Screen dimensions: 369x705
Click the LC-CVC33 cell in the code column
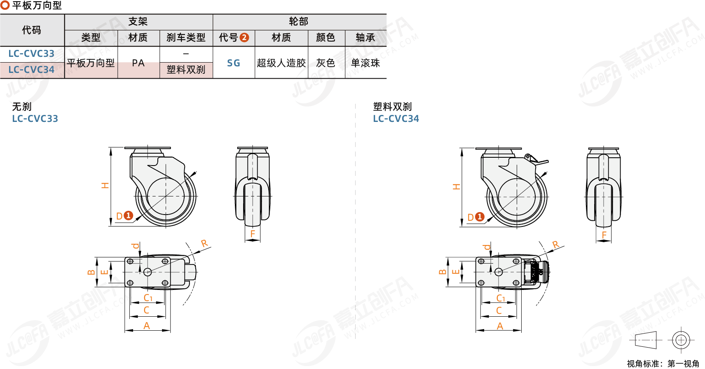pyautogui.click(x=31, y=54)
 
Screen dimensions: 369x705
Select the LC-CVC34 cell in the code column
pyautogui.click(x=31, y=70)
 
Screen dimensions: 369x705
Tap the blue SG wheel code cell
pyautogui.click(x=234, y=63)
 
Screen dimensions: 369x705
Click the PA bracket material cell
pyautogui.click(x=138, y=63)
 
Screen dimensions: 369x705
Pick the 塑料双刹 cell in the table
pyautogui.click(x=186, y=70)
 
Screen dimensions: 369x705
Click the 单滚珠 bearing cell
pyautogui.click(x=365, y=63)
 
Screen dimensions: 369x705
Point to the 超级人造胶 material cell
pyautogui.click(x=281, y=63)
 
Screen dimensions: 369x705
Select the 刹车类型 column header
pyautogui.click(x=186, y=38)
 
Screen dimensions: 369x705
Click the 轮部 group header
pyautogui.click(x=299, y=22)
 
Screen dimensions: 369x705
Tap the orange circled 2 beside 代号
pyautogui.click(x=244, y=37)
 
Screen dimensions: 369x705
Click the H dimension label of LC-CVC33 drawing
pyautogui.click(x=105, y=186)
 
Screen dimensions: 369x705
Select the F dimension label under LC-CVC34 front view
pyautogui.click(x=604, y=235)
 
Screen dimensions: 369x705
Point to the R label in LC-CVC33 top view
pyautogui.click(x=204, y=243)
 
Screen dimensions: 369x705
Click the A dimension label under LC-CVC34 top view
pyautogui.click(x=500, y=326)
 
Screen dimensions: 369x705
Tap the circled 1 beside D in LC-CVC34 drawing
pyautogui.click(x=479, y=217)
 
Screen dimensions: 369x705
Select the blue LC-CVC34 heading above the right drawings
pyautogui.click(x=396, y=119)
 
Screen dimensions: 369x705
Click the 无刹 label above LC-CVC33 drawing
pyautogui.click(x=22, y=107)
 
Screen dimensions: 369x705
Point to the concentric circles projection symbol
pyautogui.click(x=681, y=340)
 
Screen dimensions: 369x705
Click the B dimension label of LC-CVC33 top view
pyautogui.click(x=91, y=272)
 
